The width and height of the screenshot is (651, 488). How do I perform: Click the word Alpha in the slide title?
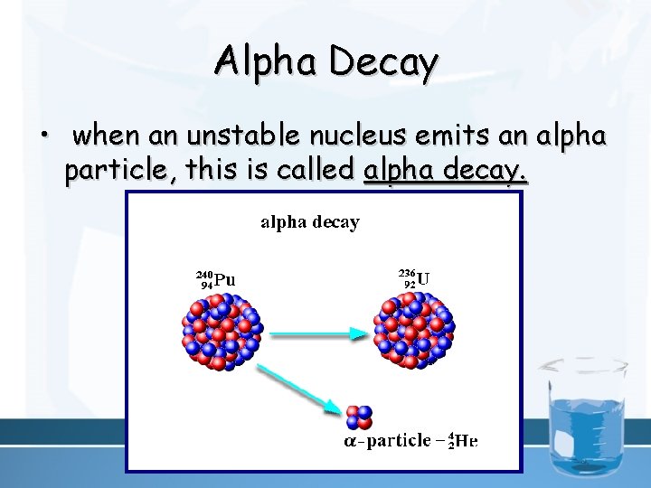coord(267,61)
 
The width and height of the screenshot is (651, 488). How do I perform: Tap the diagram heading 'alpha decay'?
coord(310,221)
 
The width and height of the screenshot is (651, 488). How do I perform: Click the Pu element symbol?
coord(225,279)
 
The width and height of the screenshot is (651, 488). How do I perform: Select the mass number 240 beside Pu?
coord(204,274)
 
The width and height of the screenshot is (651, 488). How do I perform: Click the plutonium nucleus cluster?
coord(222,330)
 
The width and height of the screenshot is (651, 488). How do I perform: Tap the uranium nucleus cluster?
coord(414,330)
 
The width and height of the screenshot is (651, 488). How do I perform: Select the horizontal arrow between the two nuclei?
coord(316,333)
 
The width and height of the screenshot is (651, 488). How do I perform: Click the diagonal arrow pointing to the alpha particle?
coord(298,388)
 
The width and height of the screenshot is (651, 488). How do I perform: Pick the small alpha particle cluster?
coord(359,417)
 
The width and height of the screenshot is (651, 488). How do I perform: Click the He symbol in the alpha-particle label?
coord(465,441)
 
